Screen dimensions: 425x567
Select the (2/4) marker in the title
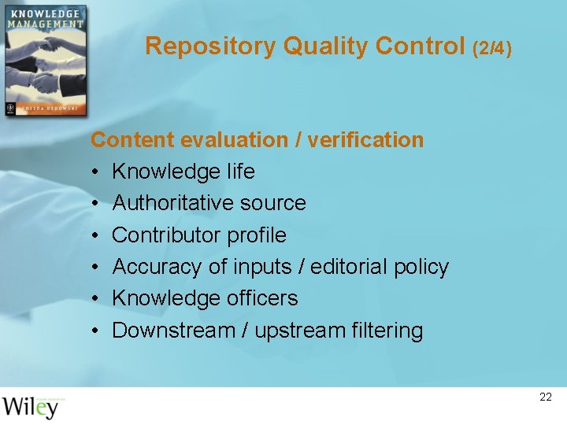click(x=492, y=48)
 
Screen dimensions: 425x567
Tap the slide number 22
click(x=546, y=397)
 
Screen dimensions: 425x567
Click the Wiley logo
click(x=31, y=407)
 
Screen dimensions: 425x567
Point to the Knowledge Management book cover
click(x=44, y=61)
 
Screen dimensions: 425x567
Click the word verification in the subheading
click(x=365, y=140)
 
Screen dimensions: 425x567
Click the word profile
click(x=257, y=235)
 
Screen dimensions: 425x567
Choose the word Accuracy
click(x=157, y=267)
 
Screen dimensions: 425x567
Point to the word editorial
click(x=346, y=267)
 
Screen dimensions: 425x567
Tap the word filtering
click(x=387, y=331)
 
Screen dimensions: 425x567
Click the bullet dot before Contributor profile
click(x=94, y=235)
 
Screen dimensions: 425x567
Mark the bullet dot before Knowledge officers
click(x=94, y=298)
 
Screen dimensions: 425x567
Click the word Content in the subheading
click(x=132, y=140)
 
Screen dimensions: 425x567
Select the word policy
click(x=422, y=267)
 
